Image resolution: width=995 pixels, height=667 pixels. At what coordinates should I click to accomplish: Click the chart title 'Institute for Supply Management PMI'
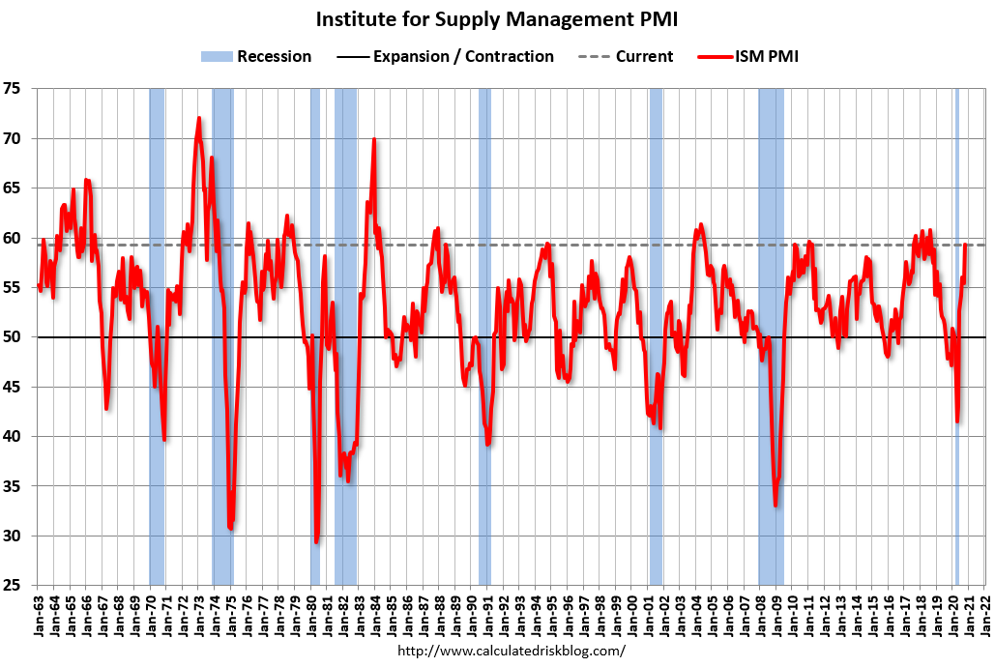coord(497,19)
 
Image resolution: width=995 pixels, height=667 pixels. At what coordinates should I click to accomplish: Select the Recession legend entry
coord(256,56)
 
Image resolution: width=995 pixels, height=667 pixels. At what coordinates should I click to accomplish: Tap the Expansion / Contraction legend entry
coord(447,56)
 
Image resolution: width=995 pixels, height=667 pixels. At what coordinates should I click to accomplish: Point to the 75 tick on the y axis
coord(19,89)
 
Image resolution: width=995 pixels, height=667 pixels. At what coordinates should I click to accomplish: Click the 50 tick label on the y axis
coord(19,337)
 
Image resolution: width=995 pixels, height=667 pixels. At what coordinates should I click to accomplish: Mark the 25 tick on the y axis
coord(19,585)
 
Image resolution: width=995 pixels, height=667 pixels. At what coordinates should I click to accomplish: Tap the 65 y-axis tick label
coord(19,188)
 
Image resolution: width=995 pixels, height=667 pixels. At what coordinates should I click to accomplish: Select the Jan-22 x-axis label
coord(986,612)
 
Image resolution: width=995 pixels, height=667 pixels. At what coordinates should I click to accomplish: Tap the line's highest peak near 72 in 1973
coord(199,119)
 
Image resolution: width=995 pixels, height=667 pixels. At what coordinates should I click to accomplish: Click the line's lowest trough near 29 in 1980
coord(316,541)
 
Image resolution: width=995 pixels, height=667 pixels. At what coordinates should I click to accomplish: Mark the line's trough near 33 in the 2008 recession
coord(776,504)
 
